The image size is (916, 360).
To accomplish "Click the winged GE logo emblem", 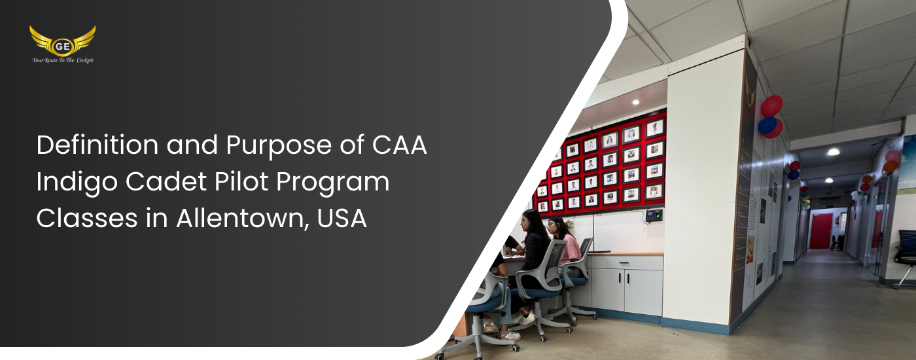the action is click(x=63, y=41).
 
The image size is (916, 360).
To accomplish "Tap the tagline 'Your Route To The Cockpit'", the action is click(x=63, y=60).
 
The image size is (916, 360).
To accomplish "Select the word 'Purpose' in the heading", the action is click(x=279, y=146).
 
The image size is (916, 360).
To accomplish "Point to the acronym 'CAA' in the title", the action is click(x=400, y=145).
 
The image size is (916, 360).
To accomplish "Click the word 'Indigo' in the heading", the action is click(x=77, y=183).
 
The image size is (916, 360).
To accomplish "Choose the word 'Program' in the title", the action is click(x=333, y=183).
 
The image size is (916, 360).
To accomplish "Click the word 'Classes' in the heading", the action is click(x=86, y=218).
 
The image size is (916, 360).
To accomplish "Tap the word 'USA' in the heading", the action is click(x=342, y=219).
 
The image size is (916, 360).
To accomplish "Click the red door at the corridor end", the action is click(x=820, y=230).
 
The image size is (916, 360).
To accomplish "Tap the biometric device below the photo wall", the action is click(x=654, y=215).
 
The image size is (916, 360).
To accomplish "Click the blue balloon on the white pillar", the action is click(x=767, y=125).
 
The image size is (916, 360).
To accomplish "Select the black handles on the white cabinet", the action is click(x=622, y=278).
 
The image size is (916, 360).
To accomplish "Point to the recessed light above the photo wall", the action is click(x=635, y=102).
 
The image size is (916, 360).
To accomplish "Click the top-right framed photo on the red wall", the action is click(x=654, y=128).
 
